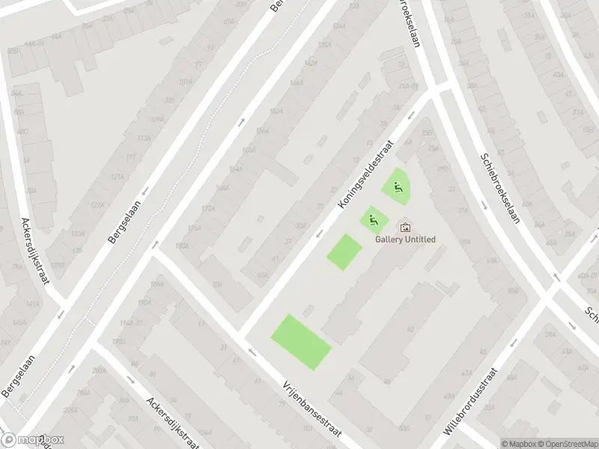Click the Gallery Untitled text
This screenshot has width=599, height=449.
click(x=405, y=239)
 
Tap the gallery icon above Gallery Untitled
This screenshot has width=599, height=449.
click(x=405, y=226)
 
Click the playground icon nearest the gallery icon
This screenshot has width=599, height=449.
click(x=372, y=220)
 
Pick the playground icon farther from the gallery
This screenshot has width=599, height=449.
click(x=398, y=187)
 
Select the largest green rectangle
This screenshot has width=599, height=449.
click(x=301, y=342)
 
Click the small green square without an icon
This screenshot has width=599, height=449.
click(x=344, y=252)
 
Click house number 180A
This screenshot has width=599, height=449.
click(x=181, y=245)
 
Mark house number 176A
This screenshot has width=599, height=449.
click(x=195, y=227)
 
